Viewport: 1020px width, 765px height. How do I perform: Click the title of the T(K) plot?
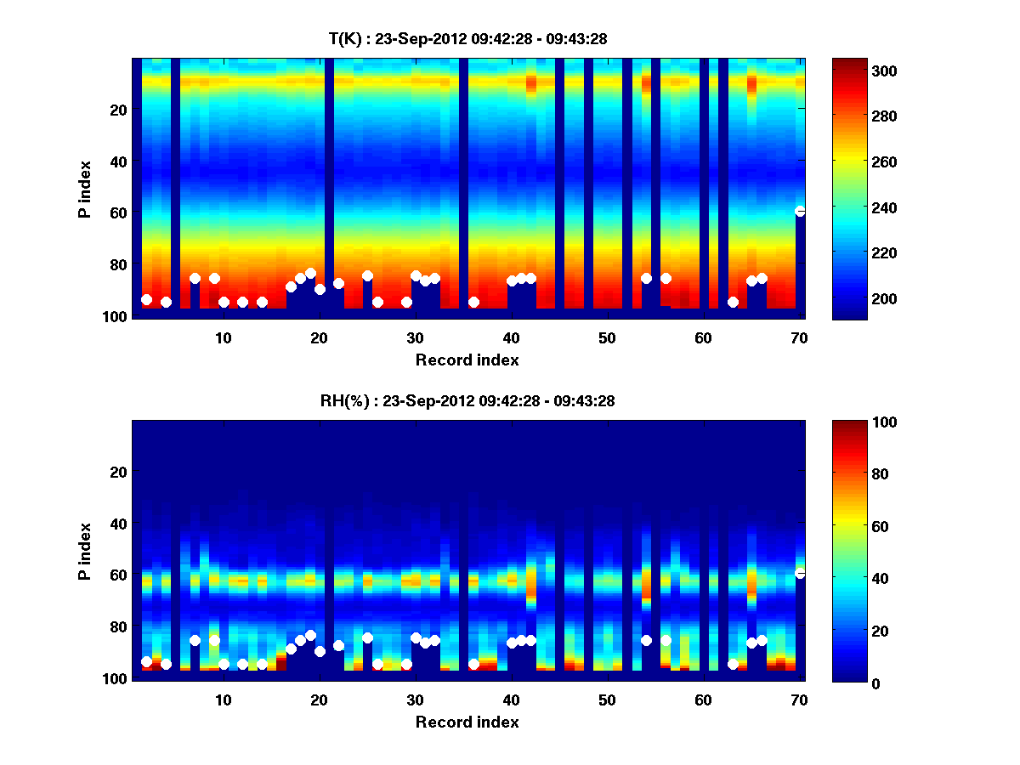(467, 38)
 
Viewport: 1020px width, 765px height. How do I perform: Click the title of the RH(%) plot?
(467, 401)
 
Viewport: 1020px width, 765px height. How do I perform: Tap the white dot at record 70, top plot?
(800, 211)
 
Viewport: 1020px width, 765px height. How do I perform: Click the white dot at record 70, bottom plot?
(800, 573)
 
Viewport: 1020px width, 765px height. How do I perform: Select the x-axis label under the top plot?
(467, 360)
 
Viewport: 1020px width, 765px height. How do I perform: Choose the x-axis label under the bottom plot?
(467, 722)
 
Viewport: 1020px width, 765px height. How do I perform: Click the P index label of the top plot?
(85, 189)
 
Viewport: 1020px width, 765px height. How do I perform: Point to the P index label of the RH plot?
(85, 551)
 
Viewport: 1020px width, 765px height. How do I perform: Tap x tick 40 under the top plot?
(511, 337)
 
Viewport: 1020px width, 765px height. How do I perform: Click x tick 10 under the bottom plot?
(223, 700)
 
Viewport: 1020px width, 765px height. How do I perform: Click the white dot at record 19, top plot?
(310, 274)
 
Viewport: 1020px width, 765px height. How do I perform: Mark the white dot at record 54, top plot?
(646, 278)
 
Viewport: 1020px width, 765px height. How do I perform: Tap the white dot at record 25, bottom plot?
(367, 637)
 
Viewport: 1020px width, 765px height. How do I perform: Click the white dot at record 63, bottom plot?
(733, 664)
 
